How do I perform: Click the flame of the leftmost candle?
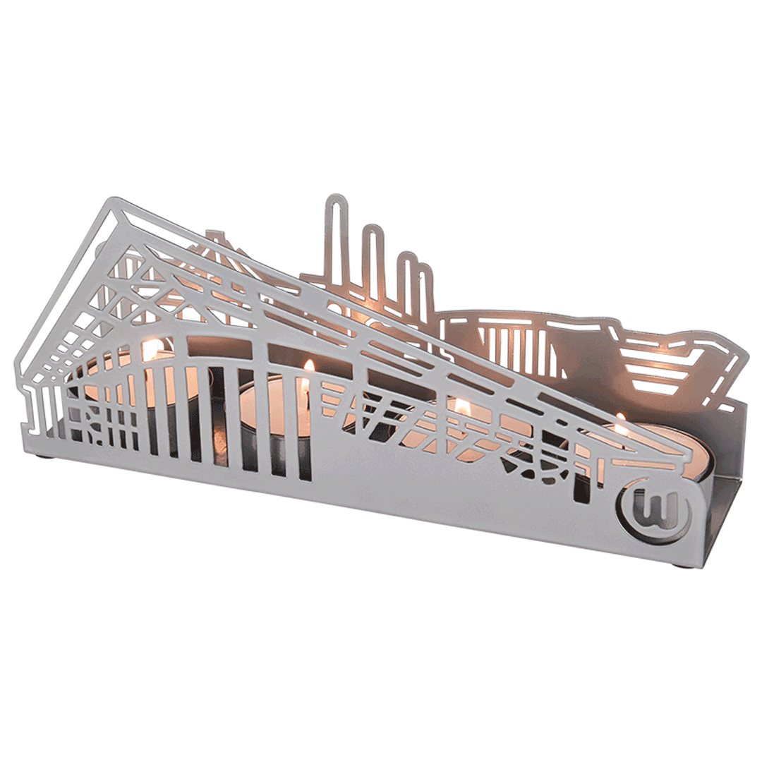pos(151,349)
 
